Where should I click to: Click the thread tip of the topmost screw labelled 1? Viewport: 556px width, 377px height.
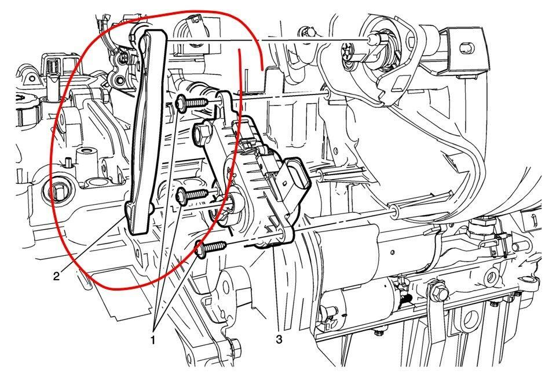coord(207,101)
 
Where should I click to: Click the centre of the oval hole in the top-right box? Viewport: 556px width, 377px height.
coord(466,48)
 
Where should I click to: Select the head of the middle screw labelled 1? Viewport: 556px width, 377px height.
coord(182,196)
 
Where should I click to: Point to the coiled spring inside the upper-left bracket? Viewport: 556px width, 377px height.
coord(53,68)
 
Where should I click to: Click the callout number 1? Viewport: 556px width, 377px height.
coord(153,340)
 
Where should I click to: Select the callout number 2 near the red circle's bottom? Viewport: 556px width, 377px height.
coord(57,276)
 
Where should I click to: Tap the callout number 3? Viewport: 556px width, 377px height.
coord(279,339)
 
